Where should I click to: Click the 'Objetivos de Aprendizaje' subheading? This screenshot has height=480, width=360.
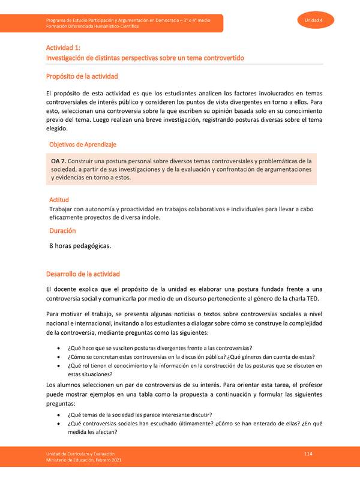pos(82,145)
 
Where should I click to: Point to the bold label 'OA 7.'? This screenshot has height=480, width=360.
pos(59,161)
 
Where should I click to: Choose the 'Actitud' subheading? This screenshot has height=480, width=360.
pos(59,199)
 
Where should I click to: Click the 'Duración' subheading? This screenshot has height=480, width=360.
pos(62,230)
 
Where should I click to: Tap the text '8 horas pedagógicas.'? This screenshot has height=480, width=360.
pos(81,245)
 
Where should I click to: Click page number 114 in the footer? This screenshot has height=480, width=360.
pos(308,454)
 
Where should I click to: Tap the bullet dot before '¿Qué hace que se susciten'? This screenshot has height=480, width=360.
pos(58,349)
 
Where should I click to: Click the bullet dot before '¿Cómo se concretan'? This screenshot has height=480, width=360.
pos(58,357)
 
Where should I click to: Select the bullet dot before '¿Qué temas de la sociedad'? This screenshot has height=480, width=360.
pos(58,415)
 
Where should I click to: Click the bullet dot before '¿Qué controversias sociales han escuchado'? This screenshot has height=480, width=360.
pos(58,424)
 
